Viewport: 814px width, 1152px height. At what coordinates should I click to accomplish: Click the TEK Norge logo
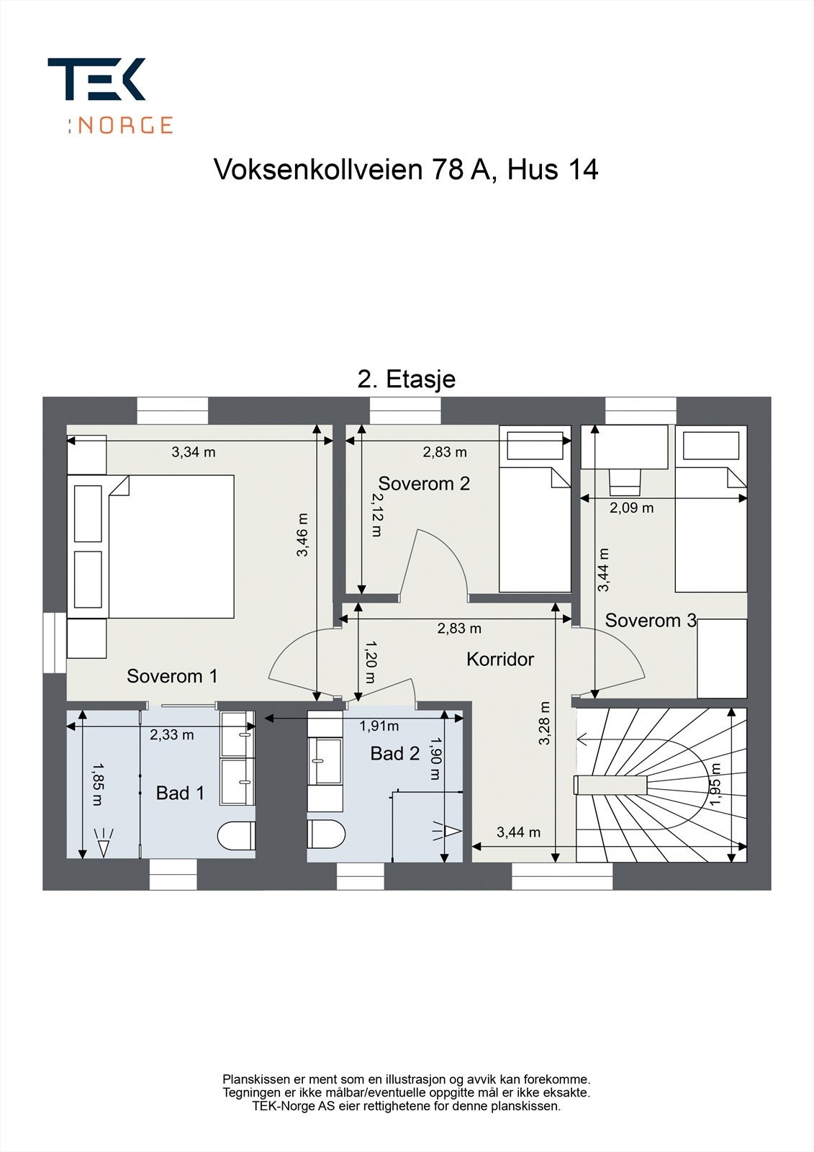point(110,95)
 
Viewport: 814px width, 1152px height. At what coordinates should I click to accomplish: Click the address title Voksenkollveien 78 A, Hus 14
point(406,170)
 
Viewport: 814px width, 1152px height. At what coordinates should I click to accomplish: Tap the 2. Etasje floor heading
point(406,379)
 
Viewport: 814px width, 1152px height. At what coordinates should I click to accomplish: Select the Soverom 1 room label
point(172,676)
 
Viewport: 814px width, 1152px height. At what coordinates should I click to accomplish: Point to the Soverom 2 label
point(424,484)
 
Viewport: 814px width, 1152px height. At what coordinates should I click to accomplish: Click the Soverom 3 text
point(651,620)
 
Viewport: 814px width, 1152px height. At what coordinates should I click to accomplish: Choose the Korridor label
point(500,659)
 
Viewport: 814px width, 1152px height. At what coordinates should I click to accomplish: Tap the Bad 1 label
point(180,793)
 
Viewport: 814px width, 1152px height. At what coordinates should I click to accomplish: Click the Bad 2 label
point(394,754)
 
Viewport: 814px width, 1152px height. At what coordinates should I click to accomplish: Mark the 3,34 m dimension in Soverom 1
point(193,452)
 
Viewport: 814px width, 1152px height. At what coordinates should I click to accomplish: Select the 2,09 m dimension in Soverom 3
point(631,508)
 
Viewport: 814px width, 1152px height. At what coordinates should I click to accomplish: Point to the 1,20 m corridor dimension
point(369,662)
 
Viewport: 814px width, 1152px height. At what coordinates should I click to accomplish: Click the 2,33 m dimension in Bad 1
point(171,734)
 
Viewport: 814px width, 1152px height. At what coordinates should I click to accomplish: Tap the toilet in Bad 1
point(236,835)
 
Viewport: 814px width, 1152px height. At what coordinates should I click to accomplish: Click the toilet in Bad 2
point(326,834)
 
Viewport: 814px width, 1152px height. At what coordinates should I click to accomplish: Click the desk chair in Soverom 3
point(625,480)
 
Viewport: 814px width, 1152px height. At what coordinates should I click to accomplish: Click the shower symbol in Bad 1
point(104,843)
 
